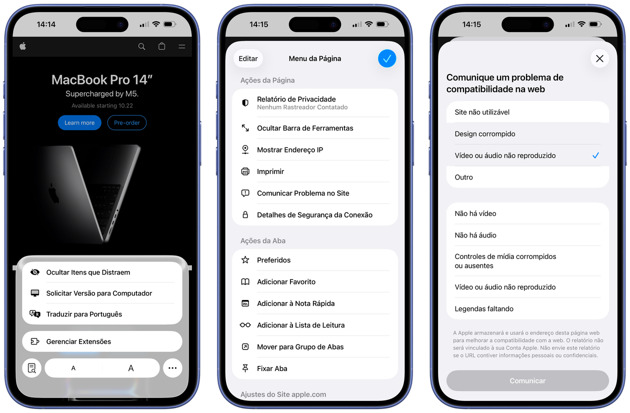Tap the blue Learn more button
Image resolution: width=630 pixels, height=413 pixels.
[x=79, y=122]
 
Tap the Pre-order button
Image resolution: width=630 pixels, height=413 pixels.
[x=127, y=122]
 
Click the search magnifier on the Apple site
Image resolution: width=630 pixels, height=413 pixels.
[x=142, y=46]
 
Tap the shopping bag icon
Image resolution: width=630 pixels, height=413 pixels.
[x=161, y=46]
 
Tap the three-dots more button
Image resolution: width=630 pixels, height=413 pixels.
[x=172, y=368]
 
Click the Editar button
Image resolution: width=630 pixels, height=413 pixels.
[x=248, y=58]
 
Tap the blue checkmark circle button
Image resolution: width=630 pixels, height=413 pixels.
[x=387, y=58]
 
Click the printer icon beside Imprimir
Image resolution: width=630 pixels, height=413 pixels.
[x=245, y=171]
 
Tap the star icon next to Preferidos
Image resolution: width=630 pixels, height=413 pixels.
[x=245, y=259]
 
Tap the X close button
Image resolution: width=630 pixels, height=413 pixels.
[x=599, y=58]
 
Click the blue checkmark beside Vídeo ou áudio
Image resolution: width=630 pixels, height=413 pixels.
[x=595, y=155]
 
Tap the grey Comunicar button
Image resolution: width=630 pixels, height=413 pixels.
[x=527, y=380]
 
